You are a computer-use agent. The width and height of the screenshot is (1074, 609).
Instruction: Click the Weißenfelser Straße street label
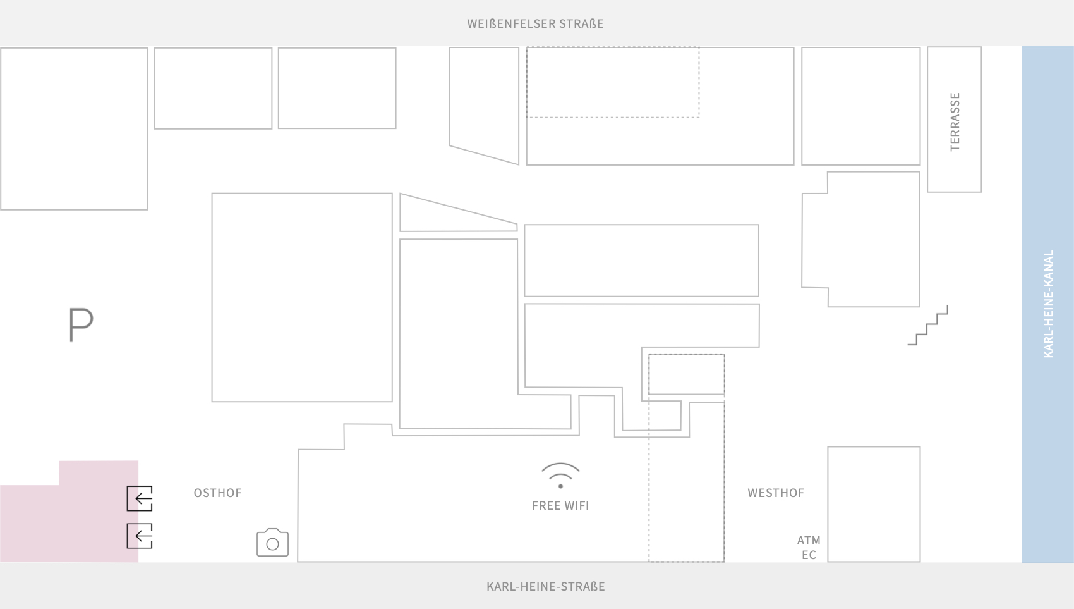(535, 23)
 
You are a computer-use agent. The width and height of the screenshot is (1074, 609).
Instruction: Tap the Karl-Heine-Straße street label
(546, 586)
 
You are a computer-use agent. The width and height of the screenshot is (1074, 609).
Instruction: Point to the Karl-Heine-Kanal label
(1049, 304)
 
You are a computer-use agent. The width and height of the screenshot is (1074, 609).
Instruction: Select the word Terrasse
(955, 122)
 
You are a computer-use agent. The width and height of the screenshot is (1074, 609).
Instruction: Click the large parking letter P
(81, 325)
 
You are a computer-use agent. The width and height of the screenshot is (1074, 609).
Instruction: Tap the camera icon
(272, 543)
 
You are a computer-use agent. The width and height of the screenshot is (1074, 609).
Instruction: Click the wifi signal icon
(560, 475)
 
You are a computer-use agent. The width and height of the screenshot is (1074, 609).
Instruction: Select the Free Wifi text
(560, 505)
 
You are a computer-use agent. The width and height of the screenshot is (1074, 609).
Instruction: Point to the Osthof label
(218, 493)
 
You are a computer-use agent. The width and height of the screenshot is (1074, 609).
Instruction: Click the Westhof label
(776, 493)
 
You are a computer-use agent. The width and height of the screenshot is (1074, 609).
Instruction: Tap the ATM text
(809, 540)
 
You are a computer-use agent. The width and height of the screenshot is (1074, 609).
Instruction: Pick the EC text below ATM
(809, 555)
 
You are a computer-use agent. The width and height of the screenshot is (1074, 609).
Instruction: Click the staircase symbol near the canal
(928, 326)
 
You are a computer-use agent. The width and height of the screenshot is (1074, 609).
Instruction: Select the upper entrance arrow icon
(140, 498)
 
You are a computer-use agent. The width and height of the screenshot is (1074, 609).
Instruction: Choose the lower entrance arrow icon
(140, 536)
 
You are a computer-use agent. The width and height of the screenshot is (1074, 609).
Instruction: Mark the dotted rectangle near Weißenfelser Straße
(613, 82)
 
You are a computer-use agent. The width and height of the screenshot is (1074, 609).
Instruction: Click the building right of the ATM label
(874, 504)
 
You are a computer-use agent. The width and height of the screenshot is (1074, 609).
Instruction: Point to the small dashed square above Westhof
(686, 374)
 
